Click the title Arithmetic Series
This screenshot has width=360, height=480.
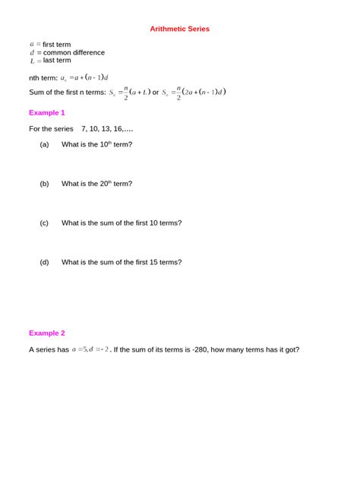click(x=179, y=29)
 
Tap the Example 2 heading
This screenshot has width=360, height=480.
click(x=47, y=333)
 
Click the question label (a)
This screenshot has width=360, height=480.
click(x=44, y=144)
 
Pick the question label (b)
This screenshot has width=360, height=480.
click(x=44, y=183)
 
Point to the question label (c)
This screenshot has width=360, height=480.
click(x=44, y=223)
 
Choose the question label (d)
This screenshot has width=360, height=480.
click(x=44, y=262)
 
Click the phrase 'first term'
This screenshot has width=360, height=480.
click(x=57, y=45)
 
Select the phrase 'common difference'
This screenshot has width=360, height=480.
click(x=74, y=52)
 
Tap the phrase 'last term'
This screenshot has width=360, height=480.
click(x=57, y=60)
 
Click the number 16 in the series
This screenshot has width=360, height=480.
click(x=114, y=128)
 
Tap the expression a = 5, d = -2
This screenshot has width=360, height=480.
click(x=90, y=349)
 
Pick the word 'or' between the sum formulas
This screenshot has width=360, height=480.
click(x=156, y=93)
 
